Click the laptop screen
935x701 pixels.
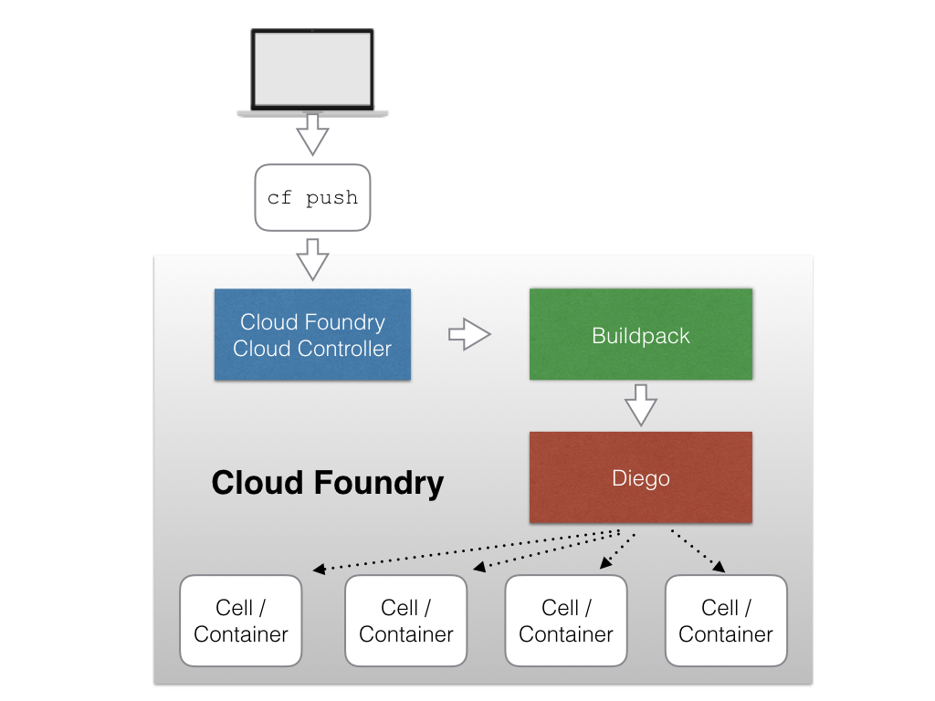(x=312, y=69)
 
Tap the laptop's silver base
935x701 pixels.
(x=312, y=113)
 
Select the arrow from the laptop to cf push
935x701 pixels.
(x=312, y=136)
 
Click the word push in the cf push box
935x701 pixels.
(x=331, y=198)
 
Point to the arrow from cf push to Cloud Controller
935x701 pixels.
(x=312, y=259)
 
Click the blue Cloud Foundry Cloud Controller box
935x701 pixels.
(x=312, y=334)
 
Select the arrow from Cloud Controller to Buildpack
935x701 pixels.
(x=469, y=335)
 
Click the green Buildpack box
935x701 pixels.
(x=641, y=334)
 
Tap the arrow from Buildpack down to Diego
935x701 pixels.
(x=641, y=404)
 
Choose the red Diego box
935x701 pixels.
(x=641, y=477)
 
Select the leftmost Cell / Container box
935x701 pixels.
(x=241, y=621)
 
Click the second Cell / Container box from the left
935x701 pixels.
(x=405, y=621)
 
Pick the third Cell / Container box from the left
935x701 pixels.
(x=566, y=621)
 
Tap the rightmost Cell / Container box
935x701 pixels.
(x=726, y=621)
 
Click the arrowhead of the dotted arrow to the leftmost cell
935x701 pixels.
(x=319, y=570)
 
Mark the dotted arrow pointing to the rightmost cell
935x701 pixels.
(x=699, y=551)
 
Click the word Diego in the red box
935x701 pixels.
(x=641, y=478)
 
